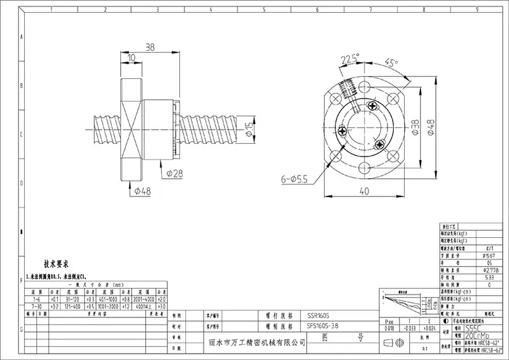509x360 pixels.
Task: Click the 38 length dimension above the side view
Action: pyautogui.click(x=150, y=46)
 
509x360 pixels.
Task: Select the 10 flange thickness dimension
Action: pyautogui.click(x=130, y=57)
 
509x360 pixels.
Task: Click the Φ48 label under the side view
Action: pyautogui.click(x=143, y=189)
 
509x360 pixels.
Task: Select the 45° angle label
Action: pyautogui.click(x=390, y=62)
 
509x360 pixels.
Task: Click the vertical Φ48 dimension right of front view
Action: pyautogui.click(x=431, y=127)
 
